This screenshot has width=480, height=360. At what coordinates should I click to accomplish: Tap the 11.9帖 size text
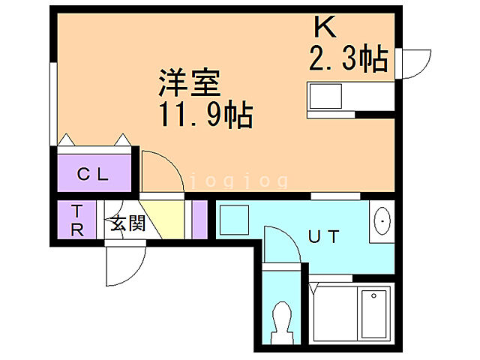pos(205,116)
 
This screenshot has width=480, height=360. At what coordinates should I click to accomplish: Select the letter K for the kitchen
pos(324,28)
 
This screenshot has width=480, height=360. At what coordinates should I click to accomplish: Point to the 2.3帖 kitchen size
pos(349,59)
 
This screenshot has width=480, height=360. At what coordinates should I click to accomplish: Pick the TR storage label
pos(77,220)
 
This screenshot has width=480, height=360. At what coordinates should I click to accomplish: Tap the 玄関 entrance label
pos(127,223)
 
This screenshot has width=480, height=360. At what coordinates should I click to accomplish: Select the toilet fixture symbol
pos(283,320)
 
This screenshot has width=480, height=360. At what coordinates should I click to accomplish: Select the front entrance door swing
pos(124,262)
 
